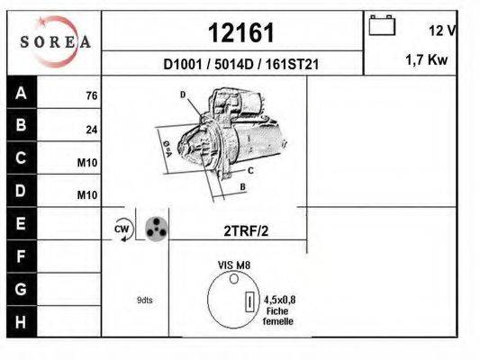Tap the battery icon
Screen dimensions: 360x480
point(382,26)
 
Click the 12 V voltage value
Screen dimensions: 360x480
point(442,31)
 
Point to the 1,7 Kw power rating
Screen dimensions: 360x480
point(428,60)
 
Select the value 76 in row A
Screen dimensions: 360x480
point(91,95)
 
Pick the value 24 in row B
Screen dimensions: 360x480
point(91,130)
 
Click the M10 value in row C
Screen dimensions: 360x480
point(87,163)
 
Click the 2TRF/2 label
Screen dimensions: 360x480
point(246,229)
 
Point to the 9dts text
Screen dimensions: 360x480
point(144,300)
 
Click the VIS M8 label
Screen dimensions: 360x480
point(233,265)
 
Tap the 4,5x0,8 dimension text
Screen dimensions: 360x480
point(281,300)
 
